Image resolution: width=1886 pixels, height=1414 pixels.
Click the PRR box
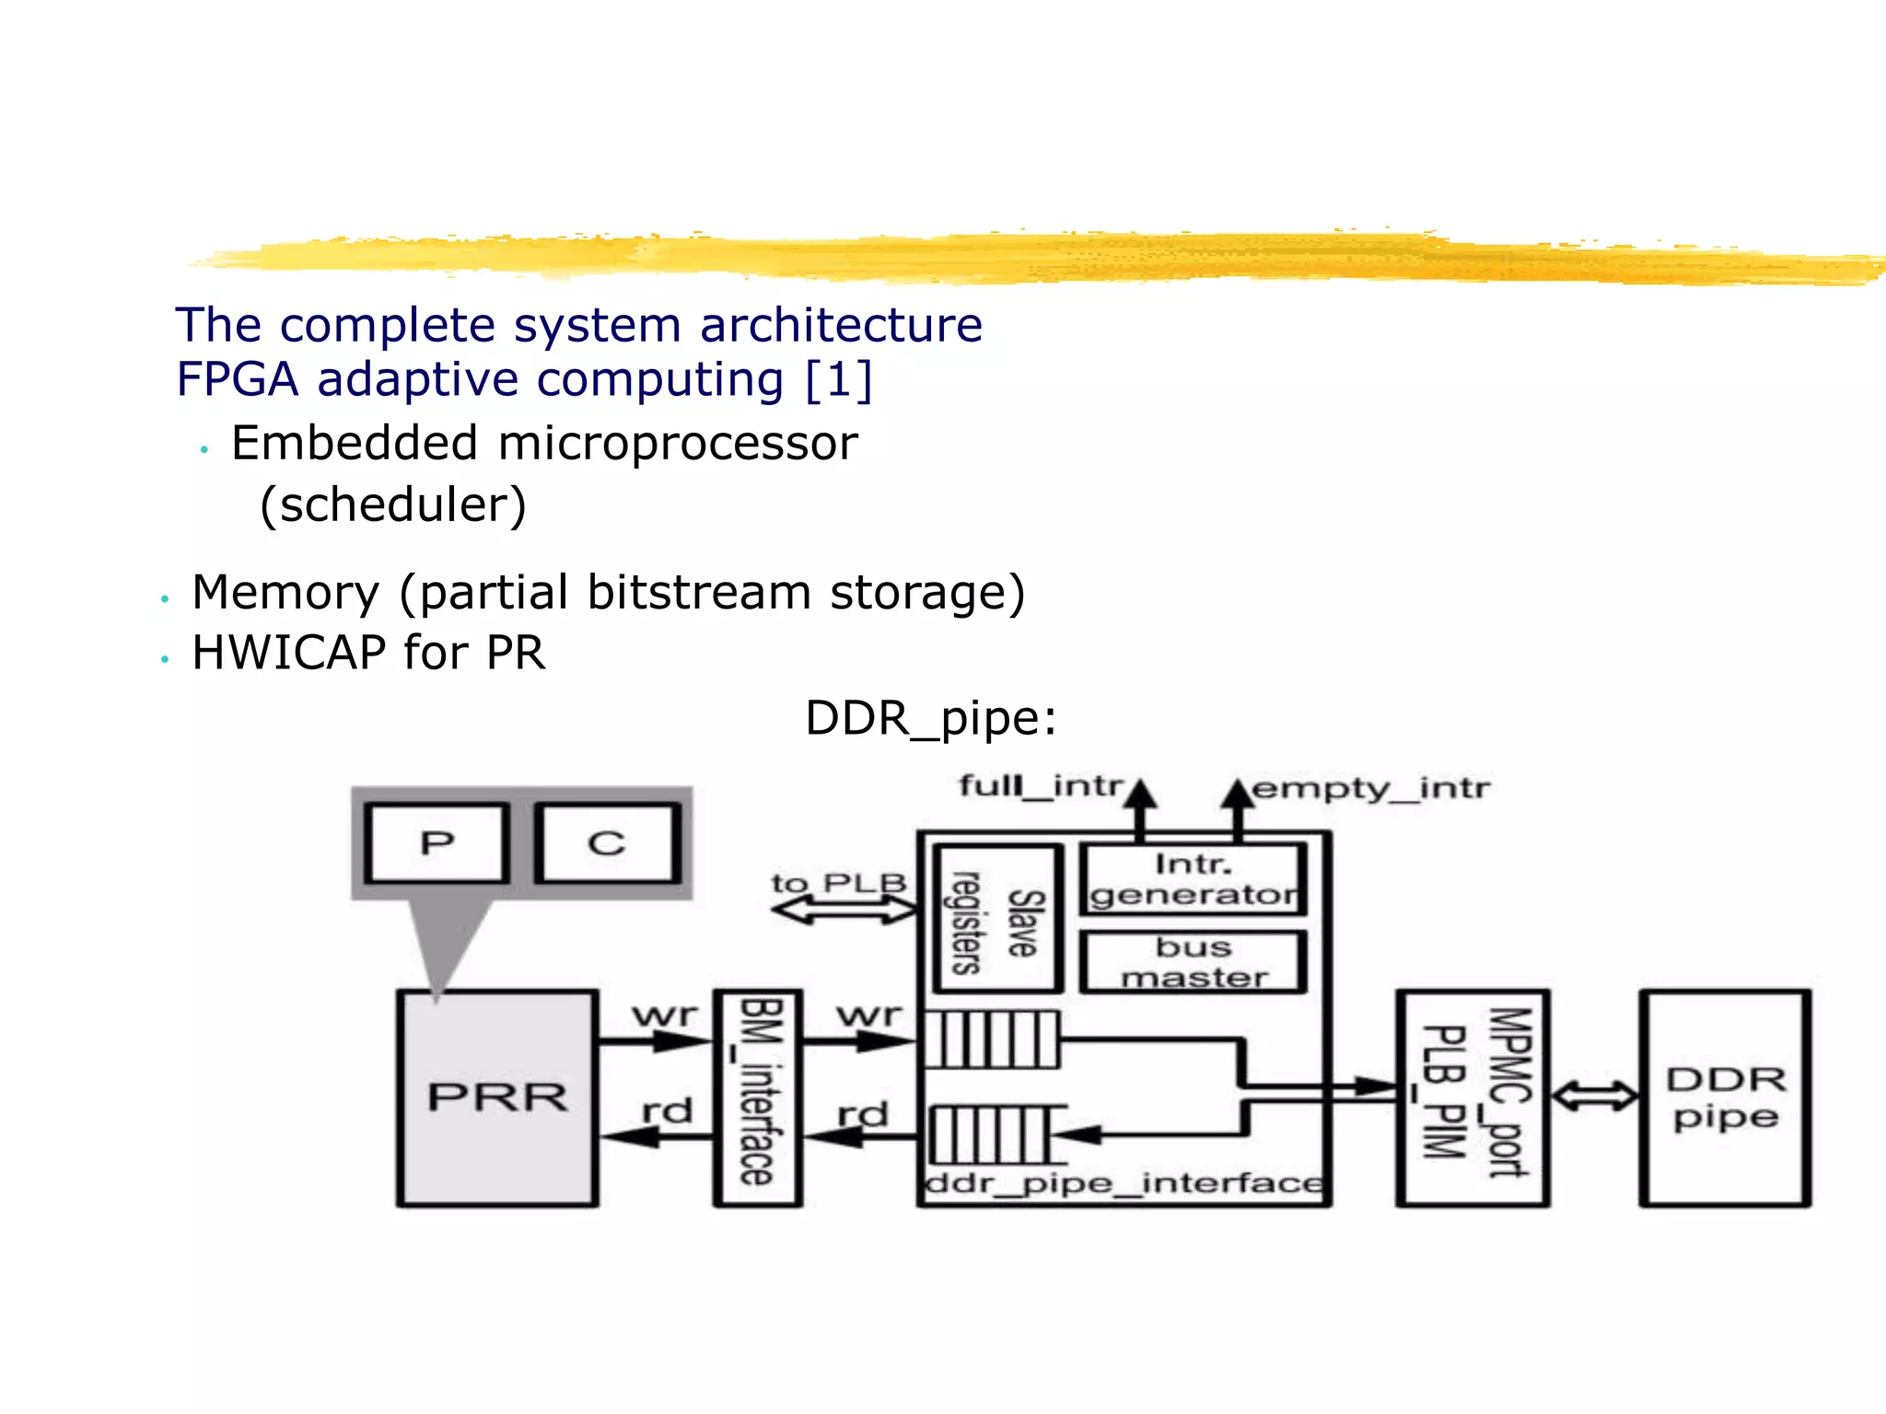coord(497,1098)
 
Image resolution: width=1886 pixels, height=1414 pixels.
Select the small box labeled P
coord(437,843)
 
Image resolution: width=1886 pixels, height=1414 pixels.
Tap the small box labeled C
coord(608,843)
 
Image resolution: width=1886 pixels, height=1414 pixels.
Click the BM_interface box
coord(758,1096)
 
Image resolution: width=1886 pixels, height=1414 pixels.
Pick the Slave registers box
coord(998,918)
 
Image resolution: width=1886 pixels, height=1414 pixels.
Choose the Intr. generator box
coord(1193,879)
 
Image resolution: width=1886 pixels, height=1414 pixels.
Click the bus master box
coord(1193,962)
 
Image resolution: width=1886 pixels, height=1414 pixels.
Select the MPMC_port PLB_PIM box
coord(1473,1097)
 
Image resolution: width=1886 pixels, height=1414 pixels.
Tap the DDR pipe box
coord(1725,1097)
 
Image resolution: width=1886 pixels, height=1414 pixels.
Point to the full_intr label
coord(1041,786)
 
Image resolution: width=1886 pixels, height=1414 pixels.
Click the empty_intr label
coord(1370,789)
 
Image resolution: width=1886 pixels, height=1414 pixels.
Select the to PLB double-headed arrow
coord(844,910)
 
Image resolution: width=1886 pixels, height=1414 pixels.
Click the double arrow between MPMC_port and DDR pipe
coord(1595,1096)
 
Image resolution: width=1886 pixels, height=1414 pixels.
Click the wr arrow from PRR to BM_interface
coord(656,1042)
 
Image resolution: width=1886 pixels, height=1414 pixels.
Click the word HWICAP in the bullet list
coord(289,654)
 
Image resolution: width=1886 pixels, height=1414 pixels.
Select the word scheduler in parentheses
coord(393,505)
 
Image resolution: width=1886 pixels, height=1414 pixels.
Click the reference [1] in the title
coord(838,379)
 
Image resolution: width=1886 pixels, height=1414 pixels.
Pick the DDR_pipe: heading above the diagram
coord(930,718)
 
